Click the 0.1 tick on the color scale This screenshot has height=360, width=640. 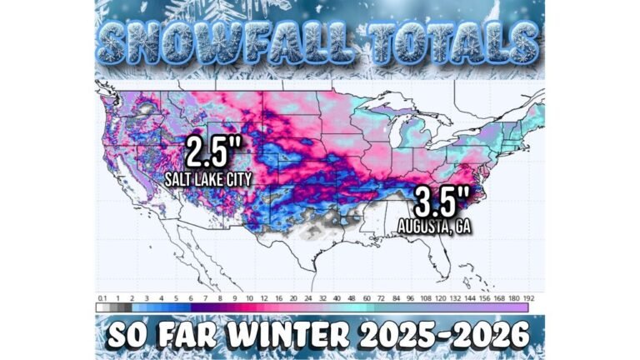coord(102,297)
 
